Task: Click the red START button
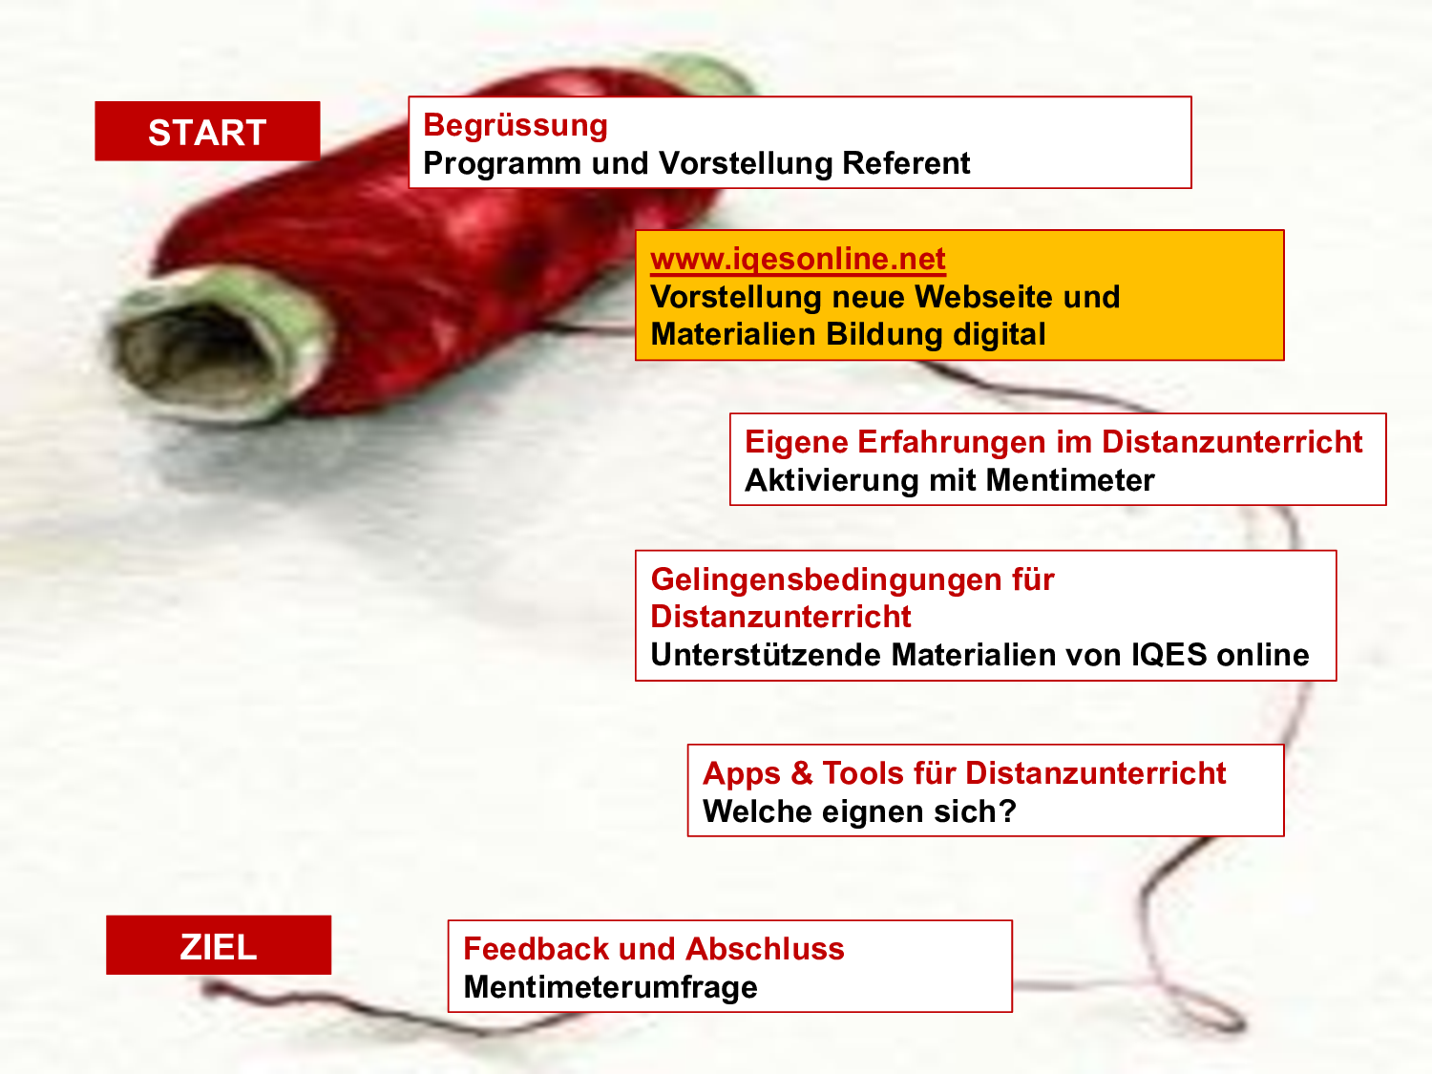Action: point(207,131)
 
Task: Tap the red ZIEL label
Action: point(219,945)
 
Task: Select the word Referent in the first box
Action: point(906,163)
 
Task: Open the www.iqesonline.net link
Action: point(798,260)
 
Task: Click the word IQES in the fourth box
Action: point(1169,655)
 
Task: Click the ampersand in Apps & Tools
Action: point(802,774)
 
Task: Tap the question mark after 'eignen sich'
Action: point(1008,811)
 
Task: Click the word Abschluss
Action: point(765,949)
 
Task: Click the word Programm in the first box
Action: point(502,164)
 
